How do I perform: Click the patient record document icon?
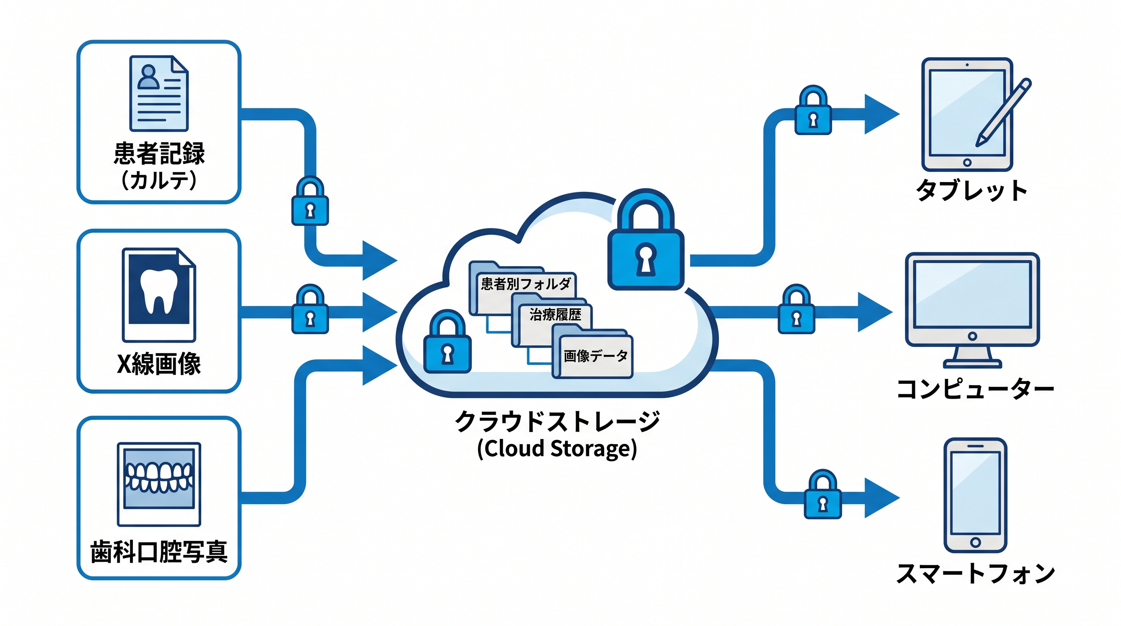pyautogui.click(x=159, y=93)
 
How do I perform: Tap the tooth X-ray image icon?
pyautogui.click(x=159, y=295)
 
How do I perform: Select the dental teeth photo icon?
pyautogui.click(x=159, y=484)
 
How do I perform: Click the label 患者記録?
pyautogui.click(x=159, y=153)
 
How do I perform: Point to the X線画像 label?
pyautogui.click(x=159, y=364)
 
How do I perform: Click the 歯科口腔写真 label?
pyautogui.click(x=159, y=551)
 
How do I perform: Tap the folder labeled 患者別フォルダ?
pyautogui.click(x=522, y=288)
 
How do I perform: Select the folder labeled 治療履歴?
pyautogui.click(x=552, y=320)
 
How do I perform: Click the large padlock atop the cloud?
pyautogui.click(x=646, y=239)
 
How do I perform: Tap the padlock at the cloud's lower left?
pyautogui.click(x=447, y=342)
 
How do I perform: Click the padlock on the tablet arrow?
pyautogui.click(x=813, y=110)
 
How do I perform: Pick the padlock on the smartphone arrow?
pyautogui.click(x=822, y=494)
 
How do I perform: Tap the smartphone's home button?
pyautogui.click(x=975, y=542)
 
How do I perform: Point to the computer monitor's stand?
pyautogui.click(x=972, y=357)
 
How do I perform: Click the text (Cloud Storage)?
pyautogui.click(x=557, y=449)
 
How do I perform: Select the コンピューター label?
pyautogui.click(x=975, y=389)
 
